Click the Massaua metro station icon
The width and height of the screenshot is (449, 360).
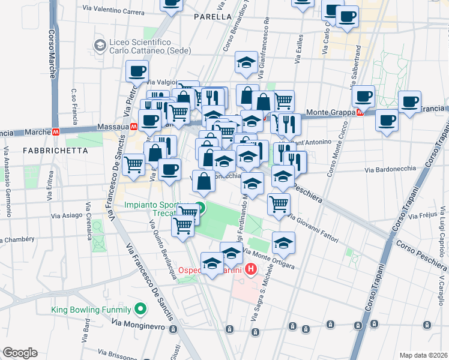pos(134,127)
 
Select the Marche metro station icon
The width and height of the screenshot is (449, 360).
pos(55,131)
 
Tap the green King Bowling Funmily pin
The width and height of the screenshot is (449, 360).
pos(140,310)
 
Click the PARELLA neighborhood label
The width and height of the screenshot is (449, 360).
pos(213,17)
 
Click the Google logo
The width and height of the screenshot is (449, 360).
pos(20,352)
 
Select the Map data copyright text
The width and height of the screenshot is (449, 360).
pos(423,355)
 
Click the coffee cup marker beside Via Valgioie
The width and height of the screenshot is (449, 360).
pos(137,71)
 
